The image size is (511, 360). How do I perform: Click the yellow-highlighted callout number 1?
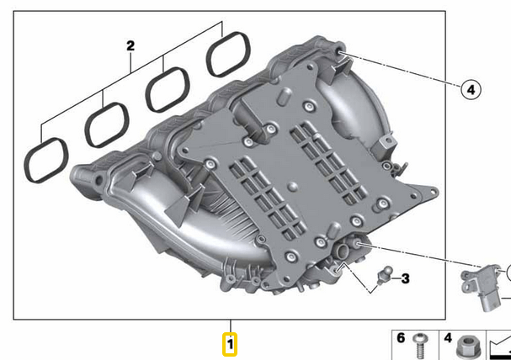(229, 344)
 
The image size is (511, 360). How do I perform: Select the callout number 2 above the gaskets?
(130, 46)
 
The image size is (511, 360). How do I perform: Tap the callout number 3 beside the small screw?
(405, 278)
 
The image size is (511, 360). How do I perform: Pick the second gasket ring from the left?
(105, 123)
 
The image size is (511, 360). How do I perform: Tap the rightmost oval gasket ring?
(229, 53)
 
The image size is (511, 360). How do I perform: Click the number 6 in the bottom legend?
(401, 338)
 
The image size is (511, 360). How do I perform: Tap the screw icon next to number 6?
(422, 344)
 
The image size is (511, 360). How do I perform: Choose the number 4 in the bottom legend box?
(449, 338)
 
